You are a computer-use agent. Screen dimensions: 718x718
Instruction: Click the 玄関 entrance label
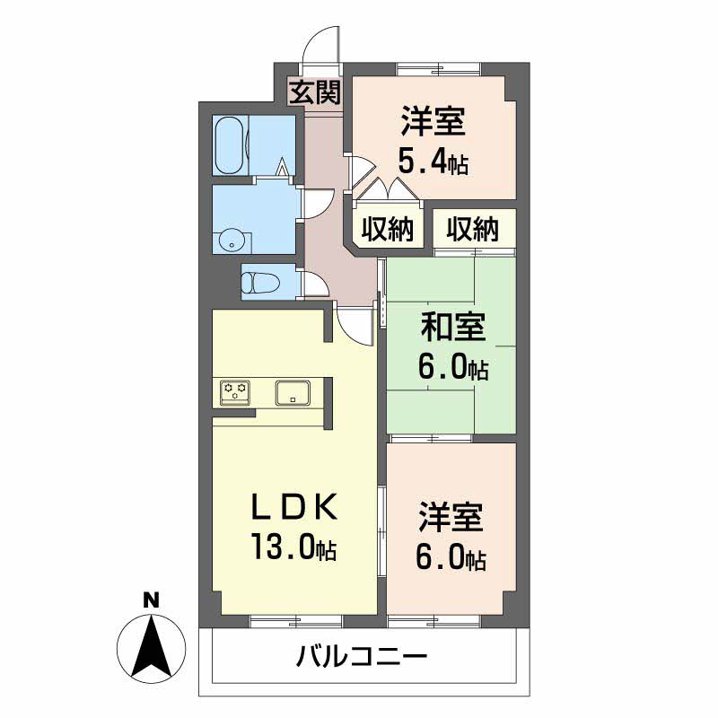(316, 92)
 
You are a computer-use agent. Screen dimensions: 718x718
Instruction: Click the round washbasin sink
(232, 241)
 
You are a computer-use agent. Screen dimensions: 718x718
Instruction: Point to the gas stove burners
(235, 392)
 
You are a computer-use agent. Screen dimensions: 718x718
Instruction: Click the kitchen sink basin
(293, 393)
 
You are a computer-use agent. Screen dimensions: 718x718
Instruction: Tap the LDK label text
(294, 506)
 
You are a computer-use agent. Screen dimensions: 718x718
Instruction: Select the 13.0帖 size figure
(293, 547)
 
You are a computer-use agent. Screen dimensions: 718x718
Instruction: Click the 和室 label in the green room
(452, 328)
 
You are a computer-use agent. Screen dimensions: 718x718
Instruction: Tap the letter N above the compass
(151, 600)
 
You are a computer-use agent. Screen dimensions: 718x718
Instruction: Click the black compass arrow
(151, 646)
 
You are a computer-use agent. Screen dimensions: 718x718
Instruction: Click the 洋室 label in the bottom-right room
(451, 518)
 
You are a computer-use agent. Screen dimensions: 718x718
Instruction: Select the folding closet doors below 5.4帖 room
(386, 189)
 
